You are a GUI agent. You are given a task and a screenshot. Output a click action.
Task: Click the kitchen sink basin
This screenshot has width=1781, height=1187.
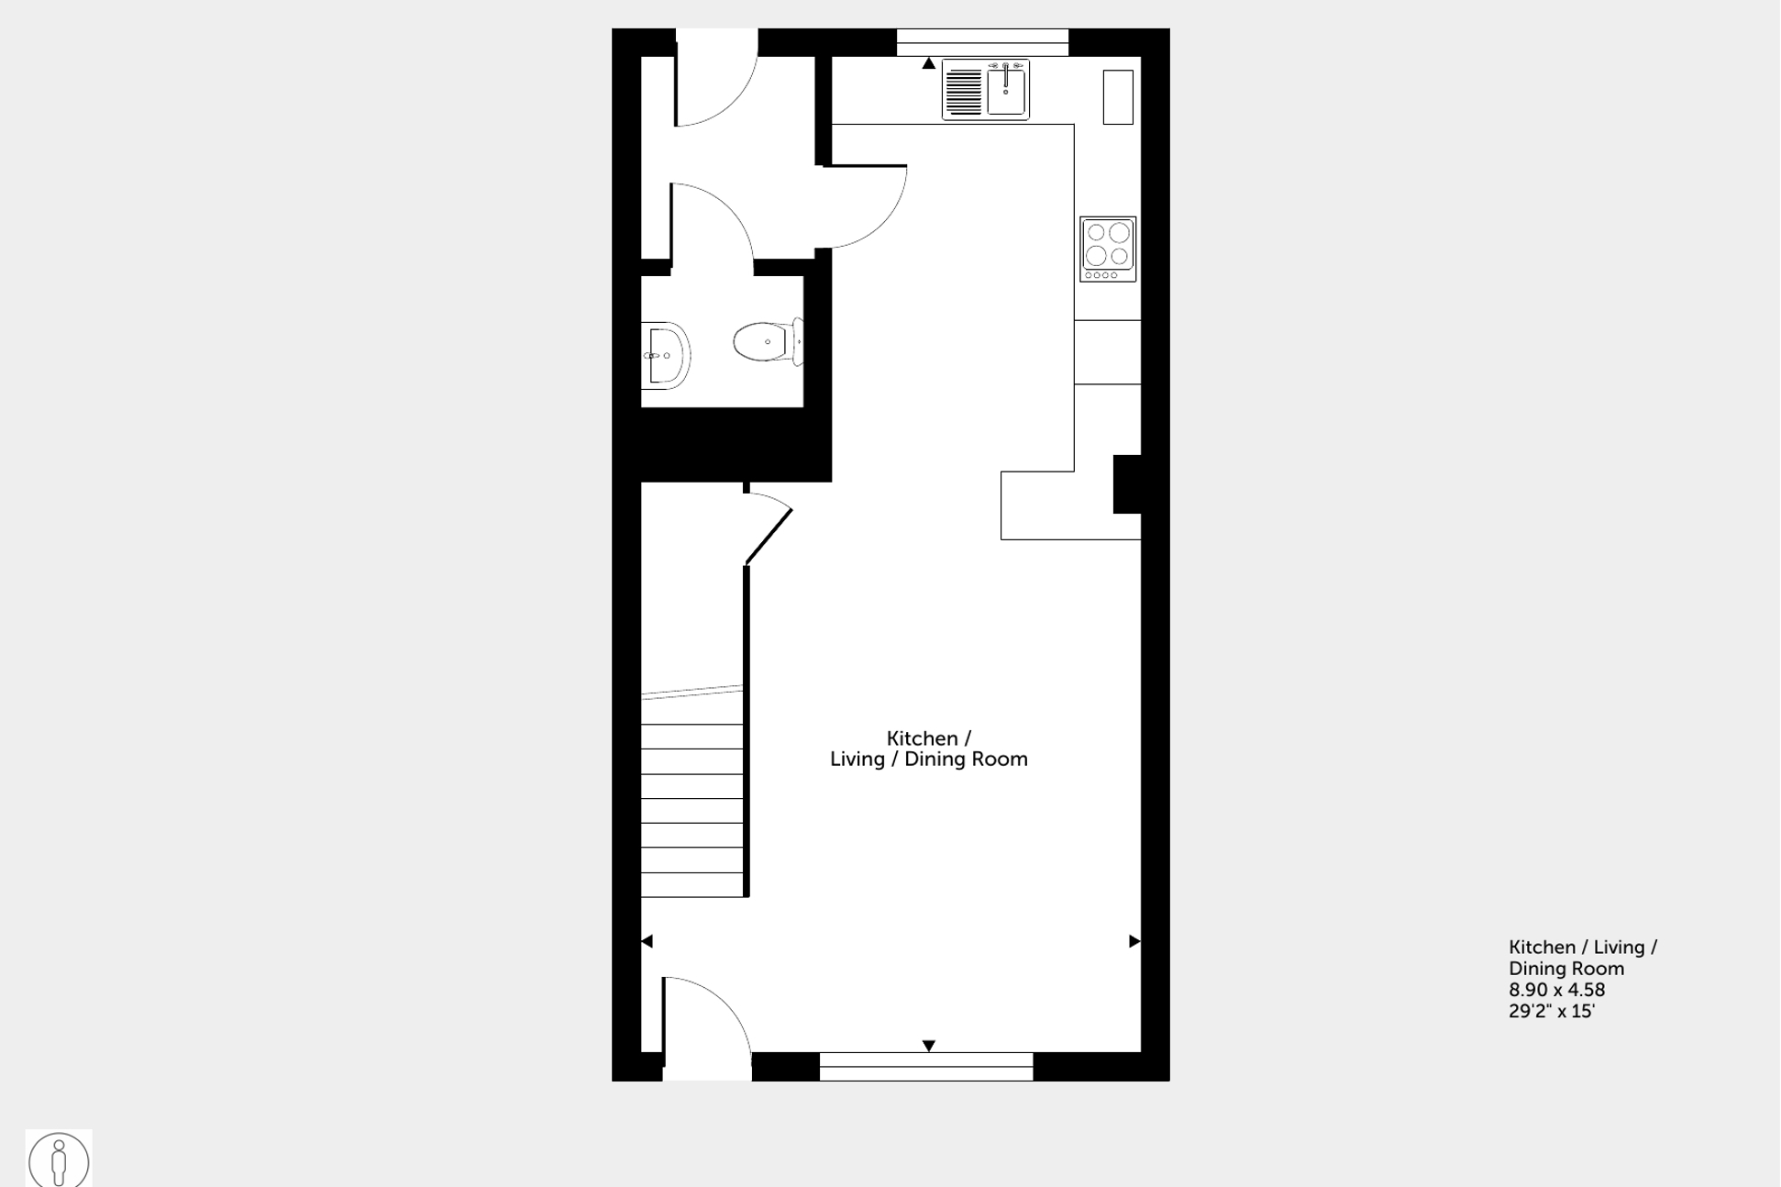[x=1006, y=90]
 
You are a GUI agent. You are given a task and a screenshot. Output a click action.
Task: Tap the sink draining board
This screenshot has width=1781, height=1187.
[x=963, y=92]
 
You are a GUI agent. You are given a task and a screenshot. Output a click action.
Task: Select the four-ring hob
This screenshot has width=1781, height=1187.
[x=1108, y=249]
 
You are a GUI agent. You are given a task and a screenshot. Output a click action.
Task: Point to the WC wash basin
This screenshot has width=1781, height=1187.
[x=665, y=355]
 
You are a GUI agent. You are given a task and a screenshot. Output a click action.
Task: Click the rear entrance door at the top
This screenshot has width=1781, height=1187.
[x=716, y=78]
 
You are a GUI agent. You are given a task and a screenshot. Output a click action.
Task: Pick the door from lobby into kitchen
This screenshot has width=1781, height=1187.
[x=862, y=207]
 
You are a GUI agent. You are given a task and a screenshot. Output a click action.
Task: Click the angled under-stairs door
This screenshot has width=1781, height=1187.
[x=769, y=529]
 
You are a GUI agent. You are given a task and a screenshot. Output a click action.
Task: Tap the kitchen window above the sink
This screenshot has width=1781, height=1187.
[x=982, y=42]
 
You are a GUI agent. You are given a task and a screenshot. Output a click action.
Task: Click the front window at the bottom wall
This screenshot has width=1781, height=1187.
[x=926, y=1066]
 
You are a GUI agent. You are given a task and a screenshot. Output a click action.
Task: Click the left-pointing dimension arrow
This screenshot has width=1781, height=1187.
[x=647, y=941]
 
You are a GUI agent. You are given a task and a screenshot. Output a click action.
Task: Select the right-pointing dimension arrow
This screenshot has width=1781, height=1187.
[x=1134, y=941]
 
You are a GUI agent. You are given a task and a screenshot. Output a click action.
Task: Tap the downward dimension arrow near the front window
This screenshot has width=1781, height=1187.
[x=929, y=1046]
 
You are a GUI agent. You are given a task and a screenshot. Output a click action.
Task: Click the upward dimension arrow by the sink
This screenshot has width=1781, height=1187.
[x=929, y=63]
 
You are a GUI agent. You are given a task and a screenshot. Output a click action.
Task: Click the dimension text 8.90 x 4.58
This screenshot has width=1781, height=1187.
[x=1557, y=990]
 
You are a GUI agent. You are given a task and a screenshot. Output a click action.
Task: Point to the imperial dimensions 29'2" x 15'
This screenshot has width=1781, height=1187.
[x=1552, y=1011]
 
